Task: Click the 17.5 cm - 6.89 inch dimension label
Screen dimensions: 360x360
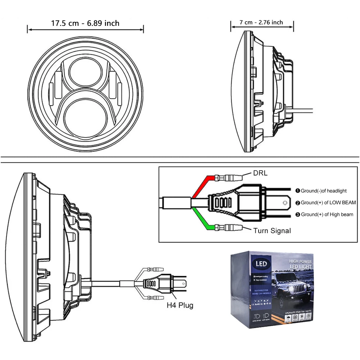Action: coord(85,23)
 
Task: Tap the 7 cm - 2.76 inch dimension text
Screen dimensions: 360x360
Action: coord(261,22)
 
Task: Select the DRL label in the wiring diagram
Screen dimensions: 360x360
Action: coord(260,173)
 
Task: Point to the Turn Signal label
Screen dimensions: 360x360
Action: coord(272,231)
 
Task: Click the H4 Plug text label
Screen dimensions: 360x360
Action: coord(180,305)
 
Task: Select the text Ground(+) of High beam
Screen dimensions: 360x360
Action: coord(327,215)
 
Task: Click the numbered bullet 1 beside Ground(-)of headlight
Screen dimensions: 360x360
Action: coord(297,191)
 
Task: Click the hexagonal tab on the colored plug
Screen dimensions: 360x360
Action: coord(286,202)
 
